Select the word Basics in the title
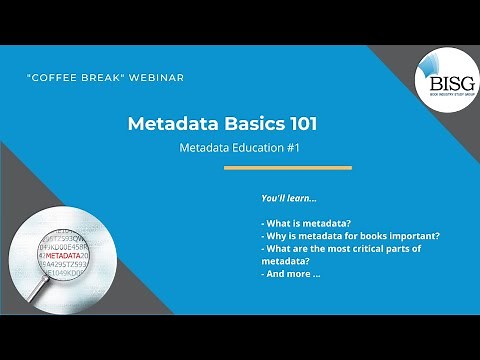(246, 124)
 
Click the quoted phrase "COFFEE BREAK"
(75, 77)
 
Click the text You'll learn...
(289, 198)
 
